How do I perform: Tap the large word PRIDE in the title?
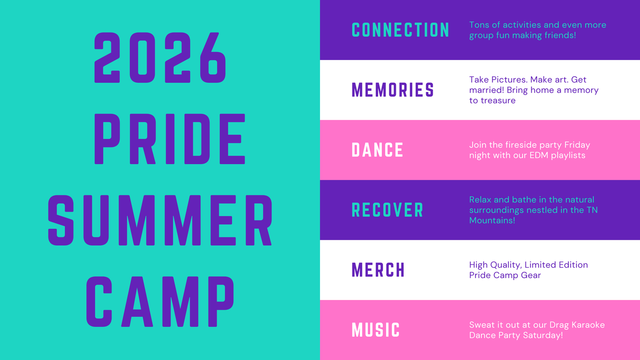[170, 139]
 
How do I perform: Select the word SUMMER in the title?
[160, 220]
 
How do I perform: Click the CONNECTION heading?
[400, 30]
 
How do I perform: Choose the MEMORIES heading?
[393, 90]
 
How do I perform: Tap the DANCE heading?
[378, 150]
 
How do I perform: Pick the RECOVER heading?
[388, 210]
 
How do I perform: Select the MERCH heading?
[379, 270]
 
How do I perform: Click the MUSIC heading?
[376, 330]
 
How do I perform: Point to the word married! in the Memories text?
[486, 90]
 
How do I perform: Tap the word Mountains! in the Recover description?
[492, 220]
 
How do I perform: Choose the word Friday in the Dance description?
[577, 145]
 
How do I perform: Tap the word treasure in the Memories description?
[498, 101]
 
